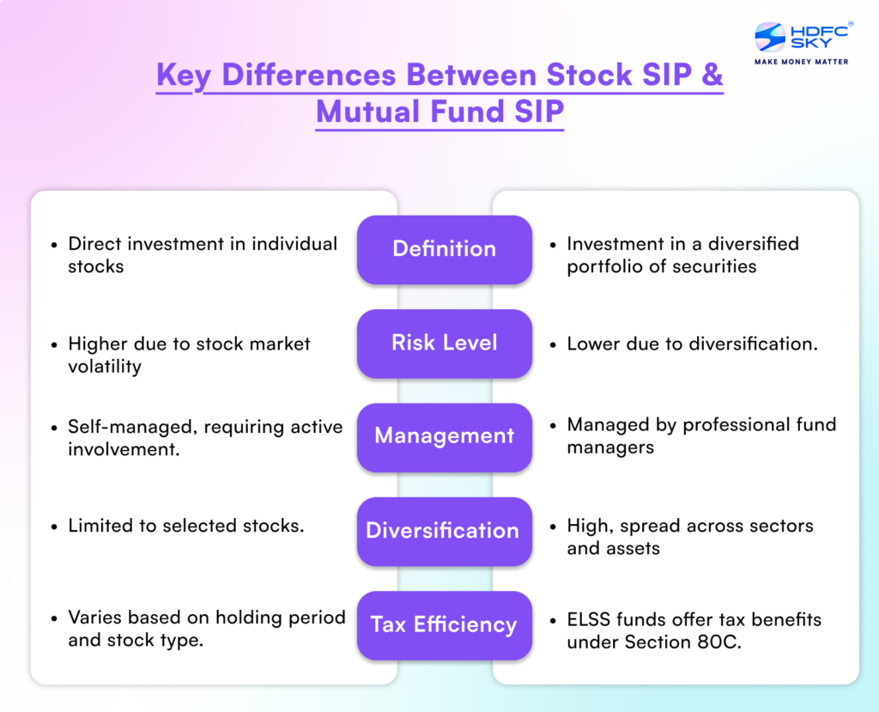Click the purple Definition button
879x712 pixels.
(444, 249)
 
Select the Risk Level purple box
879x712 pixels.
(444, 343)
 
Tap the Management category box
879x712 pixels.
(444, 436)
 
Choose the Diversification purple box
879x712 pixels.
(444, 531)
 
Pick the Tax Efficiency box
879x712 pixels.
(444, 624)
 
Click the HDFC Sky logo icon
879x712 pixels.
(771, 37)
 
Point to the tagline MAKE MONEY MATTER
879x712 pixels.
(801, 62)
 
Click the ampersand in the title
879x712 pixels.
(712, 76)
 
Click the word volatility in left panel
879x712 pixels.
(105, 367)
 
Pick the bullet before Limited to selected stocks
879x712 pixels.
(53, 526)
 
